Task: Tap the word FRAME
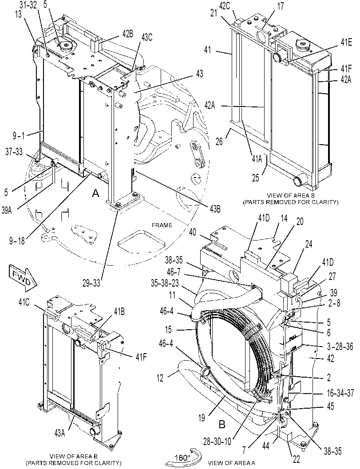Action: (x=162, y=225)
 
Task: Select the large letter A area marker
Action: (x=95, y=194)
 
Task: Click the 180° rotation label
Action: (x=182, y=457)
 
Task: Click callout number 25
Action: (x=255, y=177)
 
